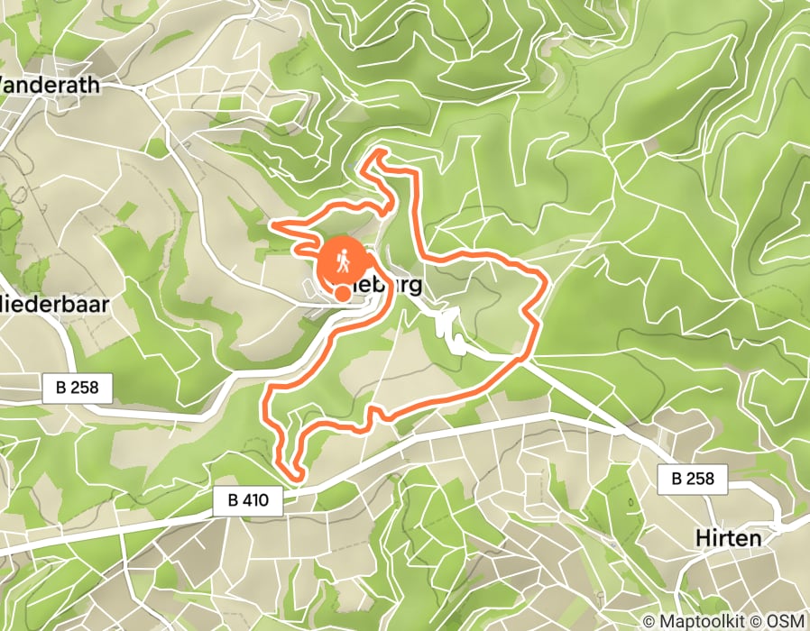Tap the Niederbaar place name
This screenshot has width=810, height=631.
coord(54,305)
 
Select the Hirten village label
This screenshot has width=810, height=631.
coord(728,537)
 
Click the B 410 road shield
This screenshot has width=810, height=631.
coord(249,502)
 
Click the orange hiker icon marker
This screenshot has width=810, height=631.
coord(342,262)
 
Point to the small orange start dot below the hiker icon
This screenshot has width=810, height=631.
coord(343,292)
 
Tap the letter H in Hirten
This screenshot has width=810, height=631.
coord(703,537)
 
